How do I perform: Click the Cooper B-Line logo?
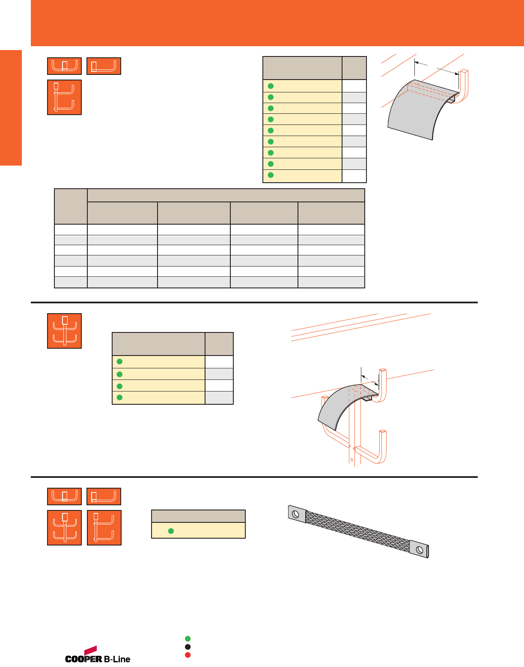[x=98, y=656]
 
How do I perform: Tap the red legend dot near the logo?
[x=188, y=655]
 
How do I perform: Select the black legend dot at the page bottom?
[x=188, y=647]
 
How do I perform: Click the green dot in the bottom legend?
[x=188, y=639]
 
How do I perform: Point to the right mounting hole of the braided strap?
[x=419, y=549]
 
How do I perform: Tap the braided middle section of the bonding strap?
[x=357, y=531]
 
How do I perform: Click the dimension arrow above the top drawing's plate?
[x=437, y=68]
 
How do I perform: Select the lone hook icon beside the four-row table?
[x=64, y=331]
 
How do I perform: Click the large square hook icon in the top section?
[x=64, y=98]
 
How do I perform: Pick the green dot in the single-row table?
[x=171, y=531]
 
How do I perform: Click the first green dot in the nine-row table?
[x=271, y=86]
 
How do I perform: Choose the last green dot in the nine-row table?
[x=271, y=175]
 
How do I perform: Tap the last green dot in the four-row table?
[x=120, y=397]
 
